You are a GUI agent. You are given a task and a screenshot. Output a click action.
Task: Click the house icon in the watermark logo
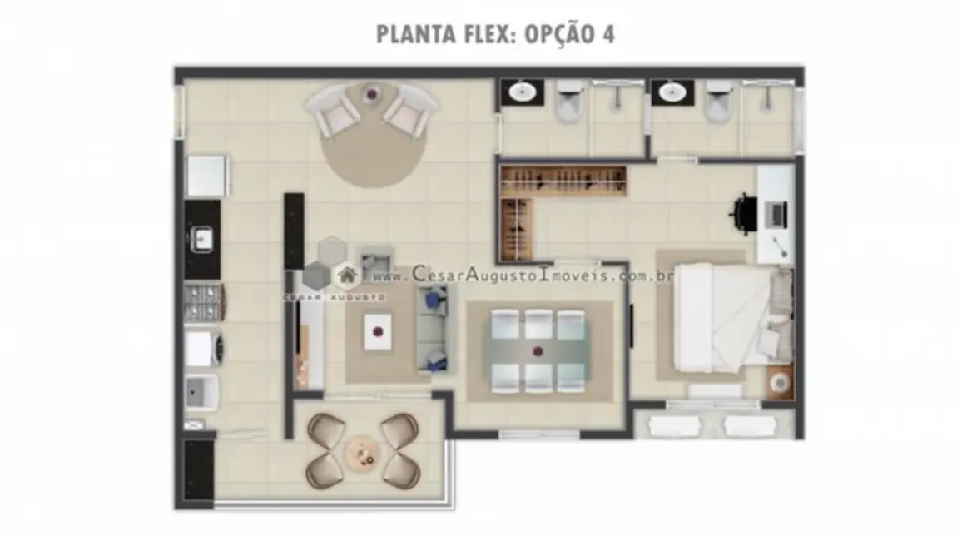click(345, 275)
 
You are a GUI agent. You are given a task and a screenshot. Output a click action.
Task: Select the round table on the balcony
click(362, 452)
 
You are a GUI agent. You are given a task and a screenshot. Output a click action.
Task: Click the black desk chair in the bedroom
click(743, 213)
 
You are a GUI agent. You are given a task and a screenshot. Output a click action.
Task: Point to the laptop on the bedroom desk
click(776, 214)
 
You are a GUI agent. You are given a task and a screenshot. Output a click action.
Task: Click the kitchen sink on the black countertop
click(202, 240)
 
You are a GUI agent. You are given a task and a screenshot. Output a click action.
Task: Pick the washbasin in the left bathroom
click(522, 92)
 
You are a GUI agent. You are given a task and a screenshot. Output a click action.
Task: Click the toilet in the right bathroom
click(719, 100)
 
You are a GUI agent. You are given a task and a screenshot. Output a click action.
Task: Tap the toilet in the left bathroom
click(569, 100)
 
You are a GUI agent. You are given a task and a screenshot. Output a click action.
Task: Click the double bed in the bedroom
click(720, 318)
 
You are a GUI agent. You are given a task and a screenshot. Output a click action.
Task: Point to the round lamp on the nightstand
click(780, 382)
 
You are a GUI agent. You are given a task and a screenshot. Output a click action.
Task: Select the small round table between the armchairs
click(371, 92)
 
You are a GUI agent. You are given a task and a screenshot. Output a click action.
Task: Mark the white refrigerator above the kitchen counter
click(205, 176)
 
